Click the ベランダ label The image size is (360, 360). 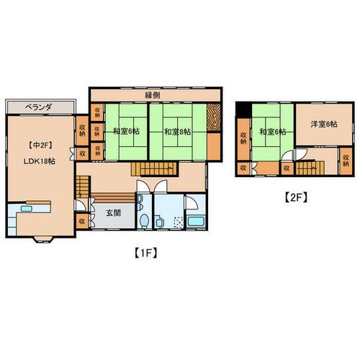click(x=38, y=107)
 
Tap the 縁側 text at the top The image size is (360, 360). click(x=153, y=95)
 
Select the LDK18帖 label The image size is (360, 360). click(x=40, y=161)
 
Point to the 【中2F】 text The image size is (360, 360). click(x=40, y=145)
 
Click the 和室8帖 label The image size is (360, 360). click(x=178, y=132)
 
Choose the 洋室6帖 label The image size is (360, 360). click(x=324, y=124)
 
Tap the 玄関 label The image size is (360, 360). click(x=114, y=213)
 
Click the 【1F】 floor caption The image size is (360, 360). click(x=146, y=253)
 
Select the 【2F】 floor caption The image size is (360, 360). click(x=296, y=197)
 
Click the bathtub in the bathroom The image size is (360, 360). click(x=196, y=221)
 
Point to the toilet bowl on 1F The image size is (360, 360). click(x=144, y=220)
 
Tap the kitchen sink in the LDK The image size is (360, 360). click(x=27, y=209)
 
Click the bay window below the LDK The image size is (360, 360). click(x=43, y=239)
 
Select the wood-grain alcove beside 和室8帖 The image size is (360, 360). click(x=214, y=117)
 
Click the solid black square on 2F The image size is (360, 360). click(x=243, y=110)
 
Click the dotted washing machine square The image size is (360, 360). click(x=179, y=222)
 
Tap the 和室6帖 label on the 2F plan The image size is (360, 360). click(x=273, y=132)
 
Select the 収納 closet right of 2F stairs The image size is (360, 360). click(x=346, y=161)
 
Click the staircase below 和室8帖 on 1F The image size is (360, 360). click(x=155, y=169)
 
